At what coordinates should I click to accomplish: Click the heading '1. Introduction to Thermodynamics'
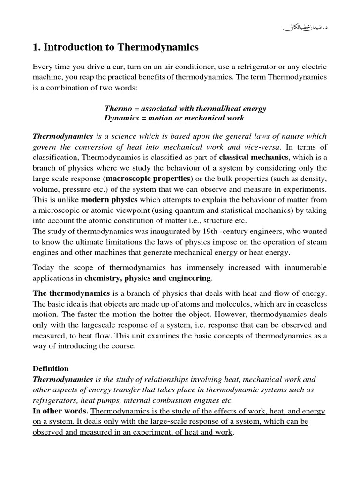click(x=116, y=47)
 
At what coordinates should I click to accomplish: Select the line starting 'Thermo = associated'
click(x=185, y=109)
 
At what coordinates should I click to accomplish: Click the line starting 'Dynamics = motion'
click(x=174, y=118)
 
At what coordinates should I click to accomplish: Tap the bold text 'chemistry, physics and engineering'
click(x=148, y=278)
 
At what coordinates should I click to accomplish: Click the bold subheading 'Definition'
click(x=51, y=368)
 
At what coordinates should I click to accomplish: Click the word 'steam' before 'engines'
click(x=317, y=242)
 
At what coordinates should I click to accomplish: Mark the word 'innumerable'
click(x=304, y=268)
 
